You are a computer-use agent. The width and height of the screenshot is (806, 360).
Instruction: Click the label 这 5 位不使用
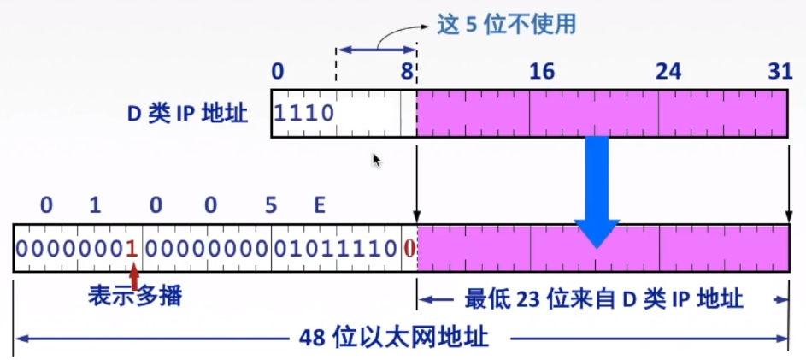506,23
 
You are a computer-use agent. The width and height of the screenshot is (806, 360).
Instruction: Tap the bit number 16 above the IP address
542,73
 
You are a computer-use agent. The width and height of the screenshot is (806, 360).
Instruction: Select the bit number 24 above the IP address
668,73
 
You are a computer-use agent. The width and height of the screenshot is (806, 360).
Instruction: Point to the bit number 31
780,73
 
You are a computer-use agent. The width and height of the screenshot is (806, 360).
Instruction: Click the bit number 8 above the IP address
409,73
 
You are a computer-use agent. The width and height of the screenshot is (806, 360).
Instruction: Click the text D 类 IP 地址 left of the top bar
187,114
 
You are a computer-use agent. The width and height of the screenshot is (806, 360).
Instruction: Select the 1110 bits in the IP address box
304,113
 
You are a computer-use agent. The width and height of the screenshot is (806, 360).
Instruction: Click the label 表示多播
135,297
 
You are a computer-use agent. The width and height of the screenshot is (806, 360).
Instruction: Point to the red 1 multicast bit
132,249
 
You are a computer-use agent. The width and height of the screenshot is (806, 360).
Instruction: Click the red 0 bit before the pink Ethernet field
409,249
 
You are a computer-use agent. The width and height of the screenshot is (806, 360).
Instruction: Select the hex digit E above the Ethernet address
320,205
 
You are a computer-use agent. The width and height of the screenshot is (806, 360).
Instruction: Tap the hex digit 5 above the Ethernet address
271,205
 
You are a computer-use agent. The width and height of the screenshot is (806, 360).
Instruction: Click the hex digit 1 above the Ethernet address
95,205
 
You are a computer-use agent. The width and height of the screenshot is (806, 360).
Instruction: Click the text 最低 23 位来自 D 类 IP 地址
603,299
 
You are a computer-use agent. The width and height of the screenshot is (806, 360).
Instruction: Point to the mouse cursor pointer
376,160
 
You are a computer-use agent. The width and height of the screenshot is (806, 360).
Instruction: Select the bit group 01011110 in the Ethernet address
335,249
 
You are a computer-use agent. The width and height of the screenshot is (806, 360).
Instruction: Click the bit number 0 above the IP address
276,73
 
